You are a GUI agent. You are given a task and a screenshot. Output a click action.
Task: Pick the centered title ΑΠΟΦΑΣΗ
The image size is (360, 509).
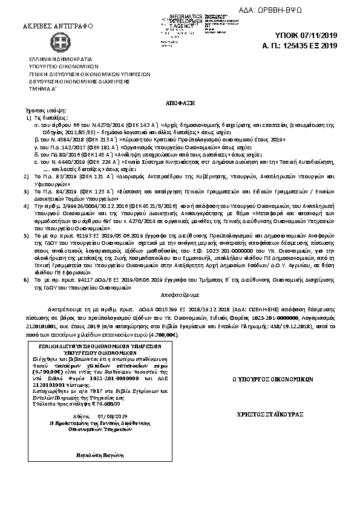180,104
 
